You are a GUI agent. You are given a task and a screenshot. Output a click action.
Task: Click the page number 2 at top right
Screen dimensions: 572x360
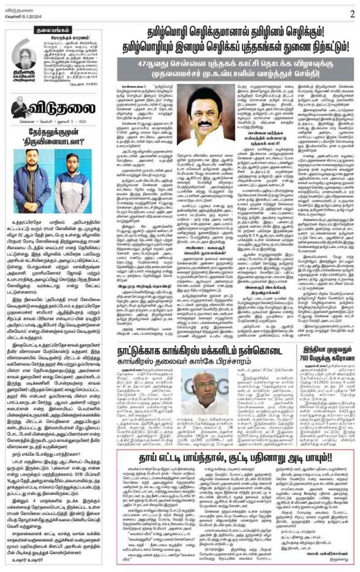[352, 14]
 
